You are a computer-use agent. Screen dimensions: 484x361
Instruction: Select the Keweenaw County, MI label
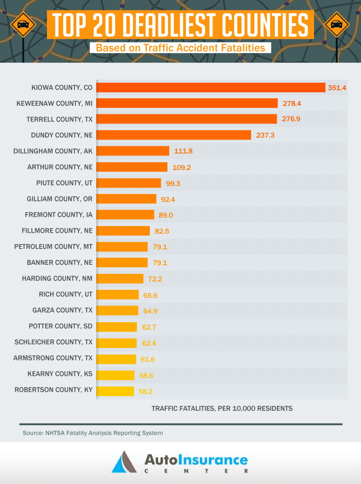click(x=54, y=103)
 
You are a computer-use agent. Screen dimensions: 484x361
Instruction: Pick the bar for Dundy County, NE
click(x=174, y=135)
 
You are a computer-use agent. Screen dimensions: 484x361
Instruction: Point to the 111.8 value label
click(x=183, y=151)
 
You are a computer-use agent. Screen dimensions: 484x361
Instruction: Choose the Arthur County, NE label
click(x=60, y=167)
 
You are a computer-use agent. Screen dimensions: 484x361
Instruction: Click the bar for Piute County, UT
click(x=129, y=183)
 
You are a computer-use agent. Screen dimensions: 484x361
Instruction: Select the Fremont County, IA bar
click(x=125, y=215)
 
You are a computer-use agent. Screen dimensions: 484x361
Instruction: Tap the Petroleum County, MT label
click(x=53, y=247)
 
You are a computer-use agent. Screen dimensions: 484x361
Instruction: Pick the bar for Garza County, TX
click(x=117, y=310)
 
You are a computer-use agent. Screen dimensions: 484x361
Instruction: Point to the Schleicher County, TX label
click(x=53, y=342)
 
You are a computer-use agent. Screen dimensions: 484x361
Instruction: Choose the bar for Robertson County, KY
click(x=116, y=390)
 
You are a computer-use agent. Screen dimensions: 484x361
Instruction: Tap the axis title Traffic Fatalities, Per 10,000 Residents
click(x=222, y=409)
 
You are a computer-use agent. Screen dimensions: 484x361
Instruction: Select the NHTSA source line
click(x=93, y=433)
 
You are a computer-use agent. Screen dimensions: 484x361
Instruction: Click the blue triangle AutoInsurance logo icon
click(x=124, y=462)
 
